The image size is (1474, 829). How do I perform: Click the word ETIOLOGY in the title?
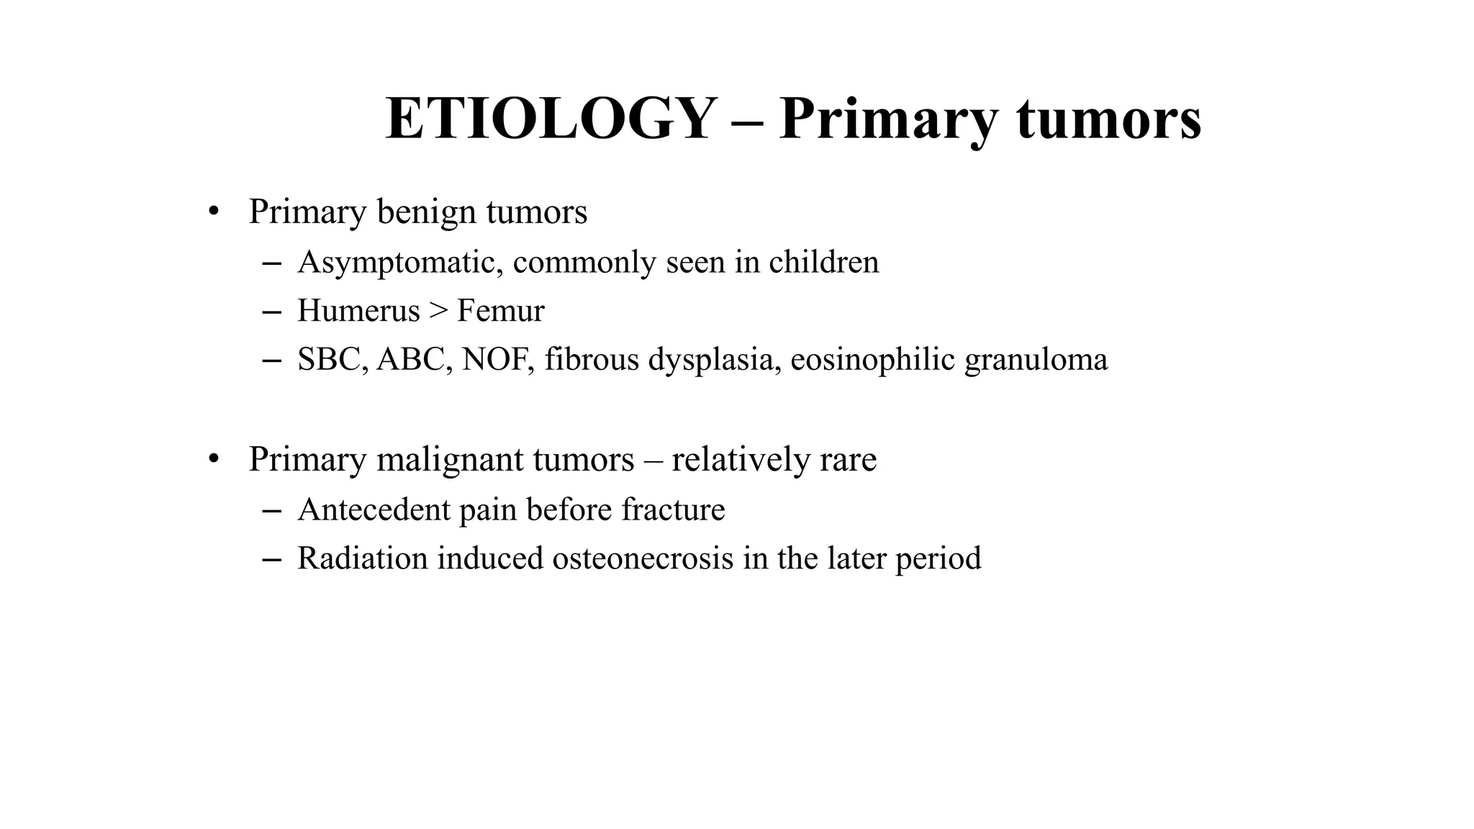pyautogui.click(x=551, y=119)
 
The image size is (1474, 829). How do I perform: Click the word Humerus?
pyautogui.click(x=358, y=311)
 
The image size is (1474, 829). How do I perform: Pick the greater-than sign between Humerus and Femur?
pyautogui.click(x=438, y=311)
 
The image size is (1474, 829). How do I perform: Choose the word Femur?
pyautogui.click(x=500, y=311)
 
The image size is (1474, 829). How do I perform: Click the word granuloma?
pyautogui.click(x=1036, y=360)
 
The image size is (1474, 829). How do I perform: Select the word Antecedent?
pyautogui.click(x=374, y=509)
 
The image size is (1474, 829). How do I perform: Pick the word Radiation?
pyautogui.click(x=363, y=558)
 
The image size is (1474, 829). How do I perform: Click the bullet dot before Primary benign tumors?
pyautogui.click(x=212, y=212)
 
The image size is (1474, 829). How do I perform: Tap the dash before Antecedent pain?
pyautogui.click(x=271, y=510)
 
